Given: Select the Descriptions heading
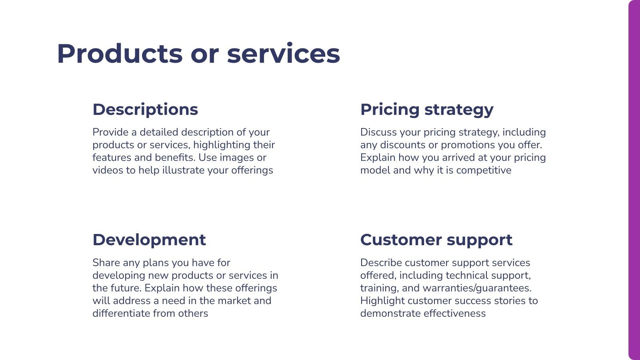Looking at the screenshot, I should [x=145, y=110].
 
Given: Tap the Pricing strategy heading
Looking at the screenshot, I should [x=427, y=110].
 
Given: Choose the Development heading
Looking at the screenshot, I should [x=149, y=240].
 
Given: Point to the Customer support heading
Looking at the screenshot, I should [x=436, y=240].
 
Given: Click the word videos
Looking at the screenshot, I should [x=108, y=170].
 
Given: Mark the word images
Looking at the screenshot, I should [x=236, y=157].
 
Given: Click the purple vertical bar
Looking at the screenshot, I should [x=634, y=180].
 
